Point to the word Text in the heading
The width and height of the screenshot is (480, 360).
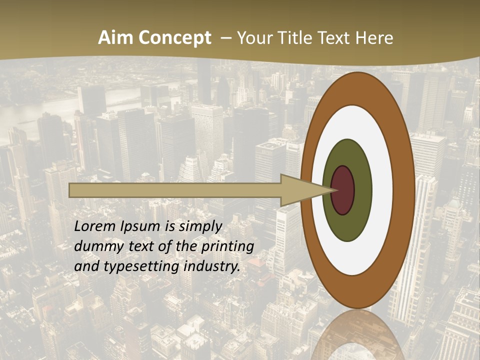point(336,38)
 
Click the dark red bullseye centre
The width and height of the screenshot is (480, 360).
point(342,190)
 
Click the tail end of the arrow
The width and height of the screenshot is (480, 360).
point(70,190)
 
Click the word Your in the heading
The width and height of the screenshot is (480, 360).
point(253,38)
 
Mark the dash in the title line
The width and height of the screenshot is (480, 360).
point(226,38)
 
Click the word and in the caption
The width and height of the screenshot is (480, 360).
point(85,266)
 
